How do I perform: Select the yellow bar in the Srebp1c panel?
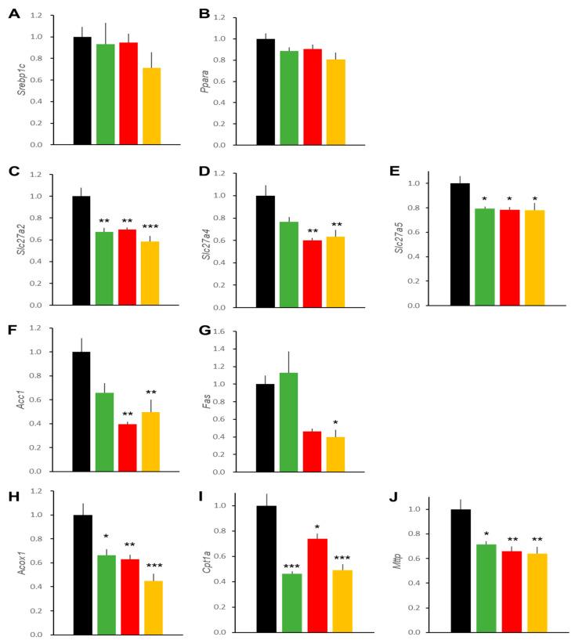click(151, 107)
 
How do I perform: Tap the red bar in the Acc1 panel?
click(127, 447)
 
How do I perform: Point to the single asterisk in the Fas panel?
click(336, 423)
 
